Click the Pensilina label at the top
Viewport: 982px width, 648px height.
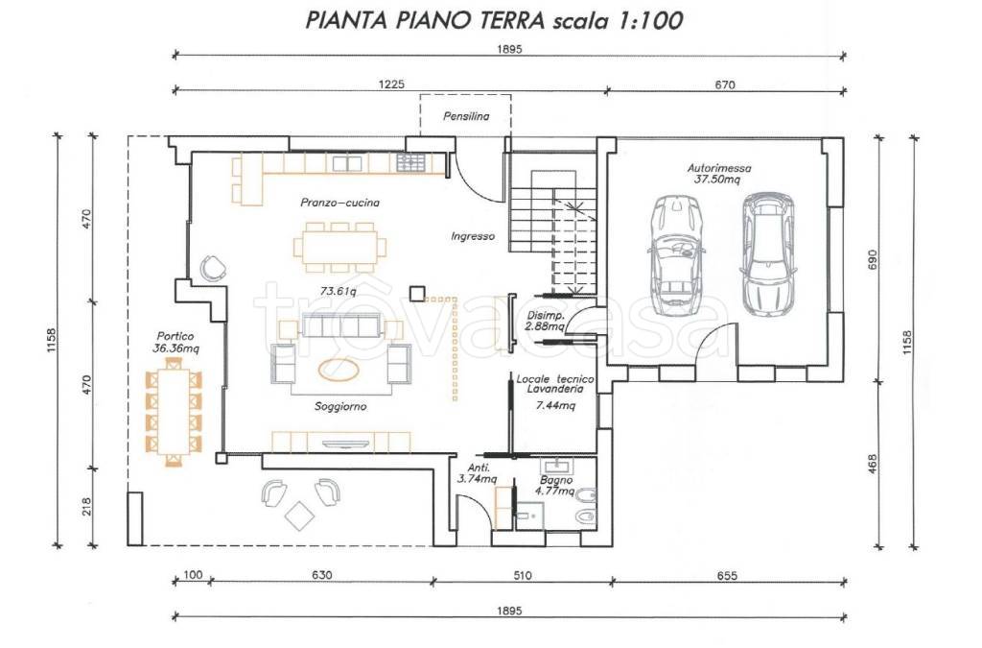pos(466,117)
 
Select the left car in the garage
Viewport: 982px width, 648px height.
pos(675,256)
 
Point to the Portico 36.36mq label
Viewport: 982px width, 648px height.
pos(173,342)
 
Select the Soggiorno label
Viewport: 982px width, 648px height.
pos(340,407)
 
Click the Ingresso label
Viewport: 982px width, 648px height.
pos(473,236)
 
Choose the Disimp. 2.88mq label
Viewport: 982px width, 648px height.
pos(544,322)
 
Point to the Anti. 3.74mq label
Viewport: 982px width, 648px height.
pos(477,473)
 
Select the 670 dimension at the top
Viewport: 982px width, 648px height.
pos(724,84)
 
